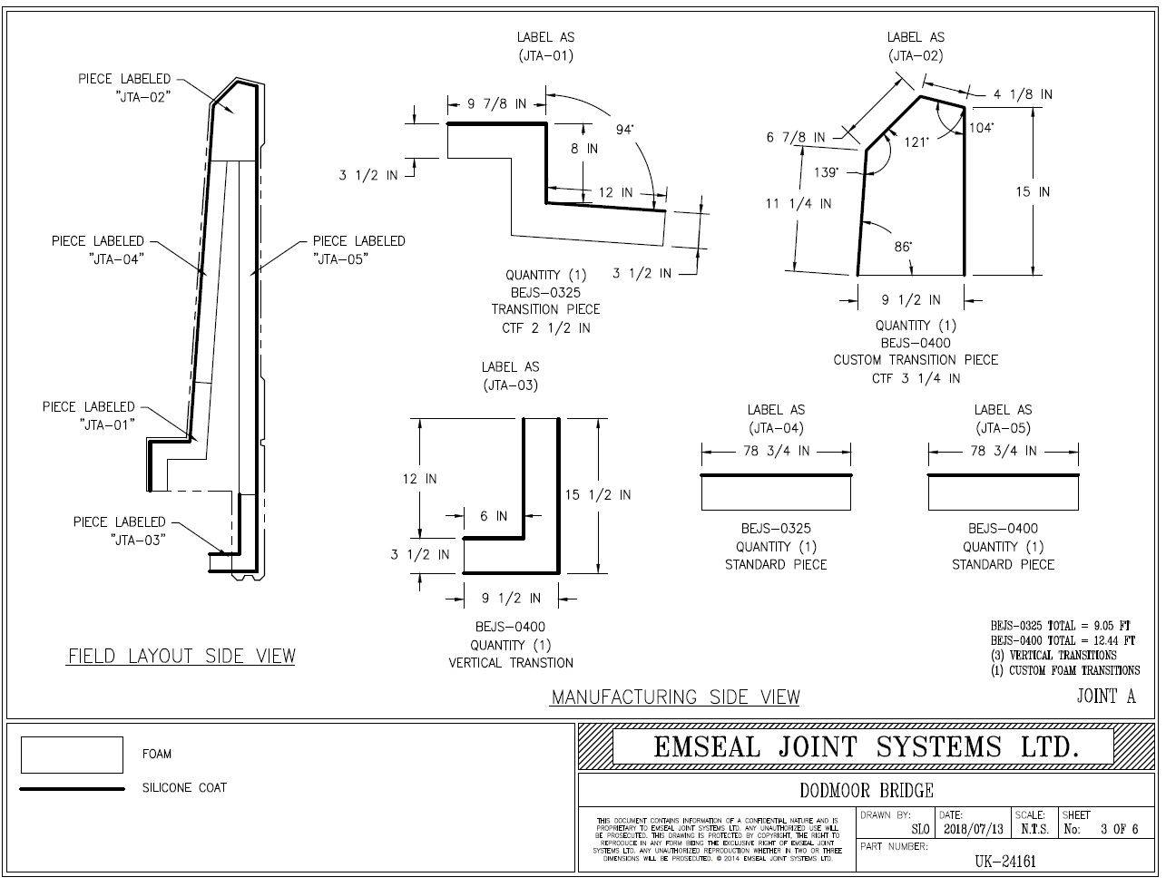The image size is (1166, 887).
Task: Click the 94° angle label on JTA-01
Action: click(x=625, y=129)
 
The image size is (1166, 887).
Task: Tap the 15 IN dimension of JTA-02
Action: click(x=1033, y=191)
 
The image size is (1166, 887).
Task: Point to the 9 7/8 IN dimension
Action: click(x=496, y=104)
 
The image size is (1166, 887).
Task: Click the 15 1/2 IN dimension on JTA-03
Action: click(x=598, y=494)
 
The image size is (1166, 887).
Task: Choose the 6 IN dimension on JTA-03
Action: click(x=494, y=516)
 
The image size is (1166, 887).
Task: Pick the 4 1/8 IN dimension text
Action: click(x=1023, y=93)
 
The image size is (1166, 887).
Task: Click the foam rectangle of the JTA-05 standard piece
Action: click(x=1003, y=492)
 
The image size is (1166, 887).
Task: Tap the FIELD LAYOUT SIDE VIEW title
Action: click(x=181, y=656)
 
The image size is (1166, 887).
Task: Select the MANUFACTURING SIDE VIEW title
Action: click(x=676, y=697)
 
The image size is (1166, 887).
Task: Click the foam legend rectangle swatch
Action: click(x=71, y=755)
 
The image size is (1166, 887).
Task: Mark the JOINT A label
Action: click(x=1105, y=697)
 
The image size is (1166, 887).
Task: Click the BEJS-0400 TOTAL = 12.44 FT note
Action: click(x=1062, y=640)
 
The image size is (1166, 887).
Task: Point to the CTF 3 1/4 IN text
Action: click(x=916, y=377)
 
